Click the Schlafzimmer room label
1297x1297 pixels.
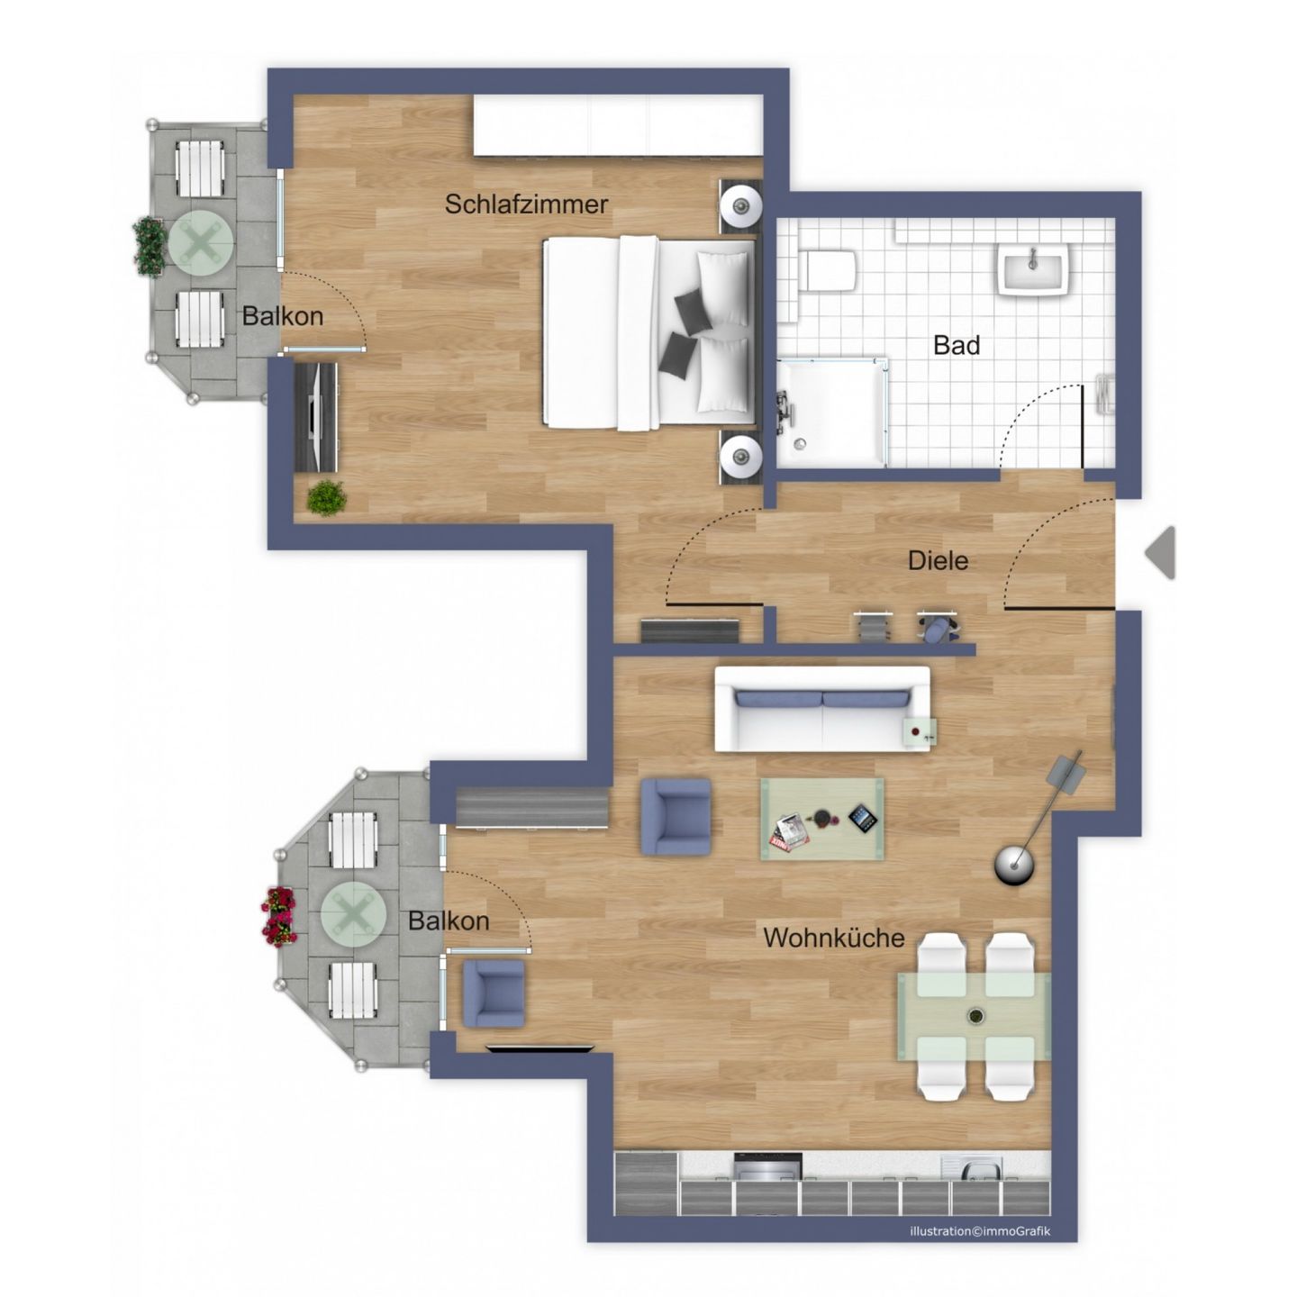[x=526, y=204]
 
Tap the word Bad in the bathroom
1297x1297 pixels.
[x=956, y=345]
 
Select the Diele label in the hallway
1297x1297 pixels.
[x=938, y=560]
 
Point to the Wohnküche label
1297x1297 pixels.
[x=833, y=938]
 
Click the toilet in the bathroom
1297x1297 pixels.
[x=828, y=270]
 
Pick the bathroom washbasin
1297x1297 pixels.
[x=1032, y=268]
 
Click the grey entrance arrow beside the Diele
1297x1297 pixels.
[x=1161, y=553]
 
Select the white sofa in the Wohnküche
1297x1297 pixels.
[x=821, y=710]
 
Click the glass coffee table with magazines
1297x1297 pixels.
[x=821, y=819]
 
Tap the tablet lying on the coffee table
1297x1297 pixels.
[x=861, y=818]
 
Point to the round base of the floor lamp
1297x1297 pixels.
[x=1014, y=866]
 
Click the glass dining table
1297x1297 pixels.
[x=974, y=1015]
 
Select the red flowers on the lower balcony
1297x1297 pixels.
[x=279, y=916]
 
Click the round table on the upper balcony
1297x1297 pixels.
[x=201, y=242]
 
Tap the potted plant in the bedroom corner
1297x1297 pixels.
[x=325, y=497]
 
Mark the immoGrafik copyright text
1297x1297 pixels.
[x=980, y=1231]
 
